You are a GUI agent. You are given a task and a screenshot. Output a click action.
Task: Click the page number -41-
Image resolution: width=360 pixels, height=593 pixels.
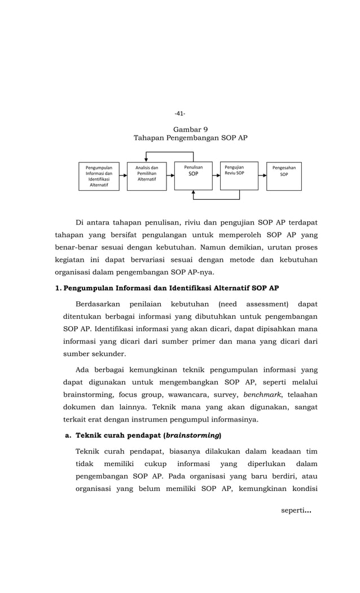click(x=179, y=113)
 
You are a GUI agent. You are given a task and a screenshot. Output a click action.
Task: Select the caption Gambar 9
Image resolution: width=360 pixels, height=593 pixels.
click(x=190, y=129)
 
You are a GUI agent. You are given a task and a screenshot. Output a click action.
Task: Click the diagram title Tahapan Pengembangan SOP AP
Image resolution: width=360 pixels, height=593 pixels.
click(x=190, y=138)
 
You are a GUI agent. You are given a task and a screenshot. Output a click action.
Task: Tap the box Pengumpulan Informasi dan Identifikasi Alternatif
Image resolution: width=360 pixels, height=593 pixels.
click(x=99, y=176)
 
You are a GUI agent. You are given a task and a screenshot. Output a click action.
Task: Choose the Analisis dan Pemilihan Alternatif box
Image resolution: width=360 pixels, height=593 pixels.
click(x=147, y=176)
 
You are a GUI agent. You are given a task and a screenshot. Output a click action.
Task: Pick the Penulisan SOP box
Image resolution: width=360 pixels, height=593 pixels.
click(x=194, y=175)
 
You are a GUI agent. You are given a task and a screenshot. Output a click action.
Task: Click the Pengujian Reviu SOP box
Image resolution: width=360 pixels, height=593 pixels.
click(x=239, y=175)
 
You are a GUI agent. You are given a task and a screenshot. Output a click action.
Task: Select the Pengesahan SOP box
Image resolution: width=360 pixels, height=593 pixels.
click(x=284, y=176)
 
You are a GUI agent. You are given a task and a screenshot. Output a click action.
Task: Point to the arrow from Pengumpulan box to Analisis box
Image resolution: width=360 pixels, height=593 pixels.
click(x=123, y=176)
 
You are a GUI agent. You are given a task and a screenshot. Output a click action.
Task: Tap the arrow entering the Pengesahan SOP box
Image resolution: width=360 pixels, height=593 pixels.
click(x=262, y=175)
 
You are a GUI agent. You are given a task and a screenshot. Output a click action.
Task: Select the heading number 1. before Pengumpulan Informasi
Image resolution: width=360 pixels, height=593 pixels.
click(x=58, y=288)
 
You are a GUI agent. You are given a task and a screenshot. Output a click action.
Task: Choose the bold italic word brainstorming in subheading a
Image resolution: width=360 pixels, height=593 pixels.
click(x=192, y=436)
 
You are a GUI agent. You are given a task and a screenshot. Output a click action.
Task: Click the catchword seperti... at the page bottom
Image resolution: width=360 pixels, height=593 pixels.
click(x=296, y=511)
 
